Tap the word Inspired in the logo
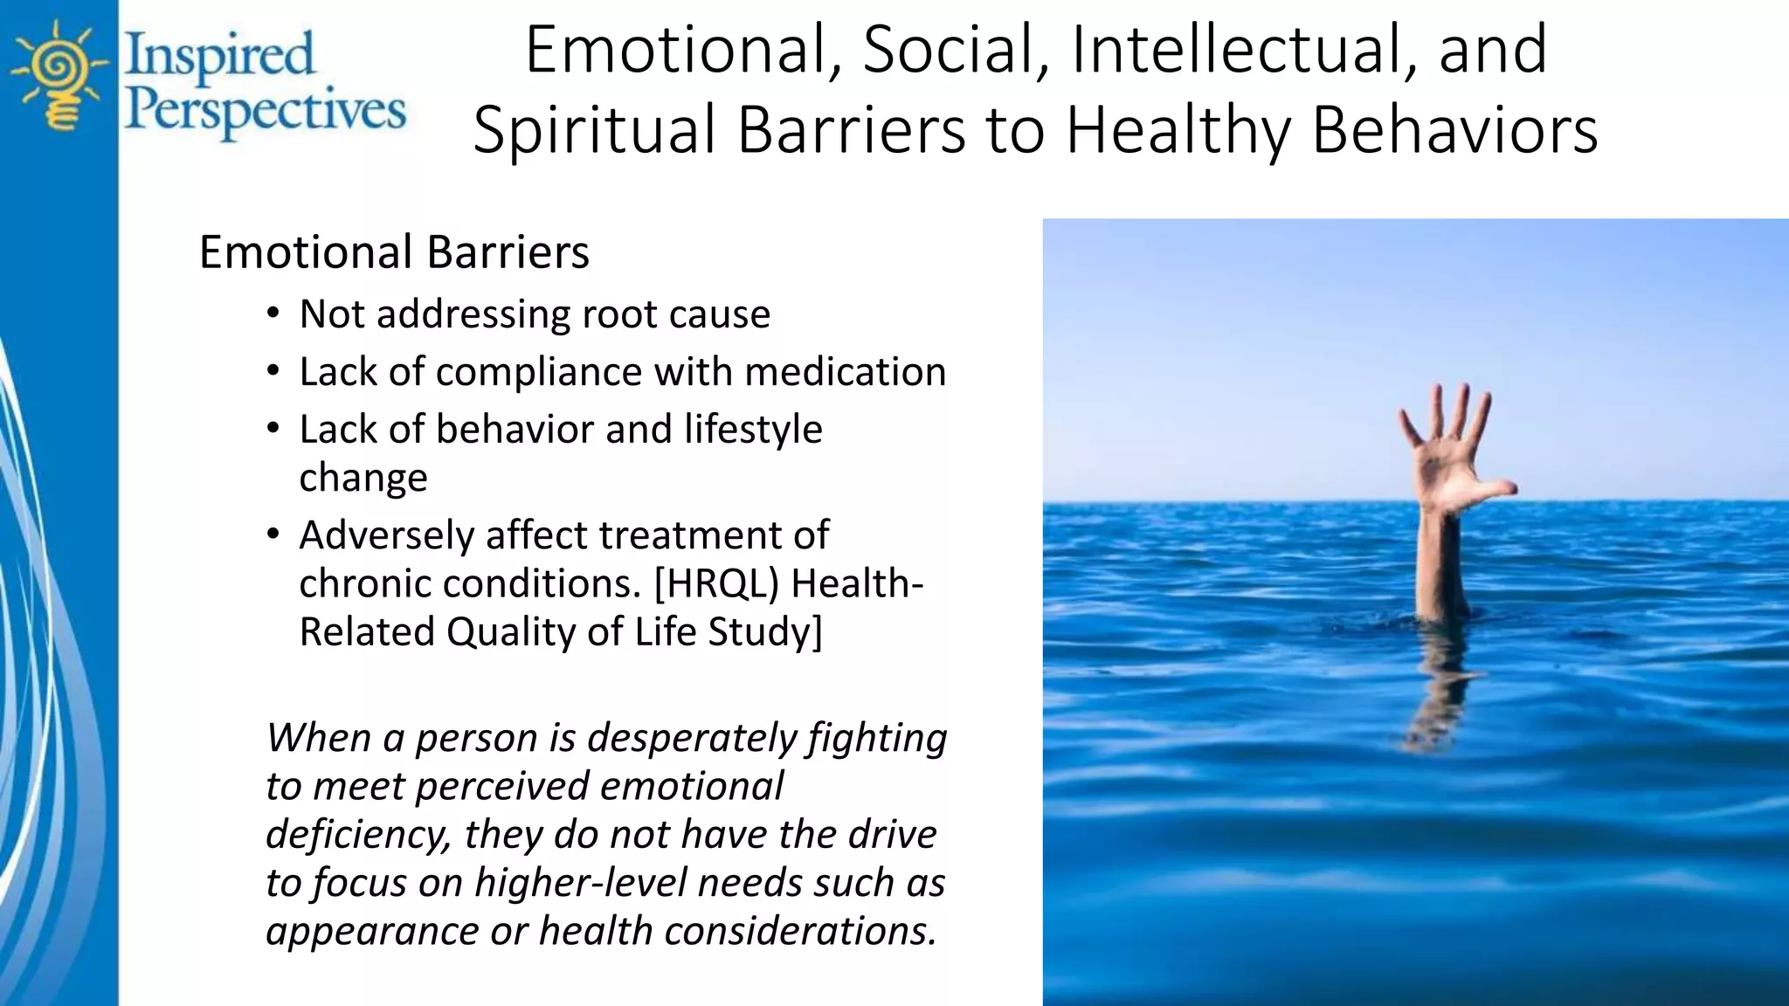click(x=219, y=54)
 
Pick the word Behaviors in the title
click(x=1454, y=129)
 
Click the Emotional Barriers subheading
click(x=394, y=252)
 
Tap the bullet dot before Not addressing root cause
click(x=273, y=314)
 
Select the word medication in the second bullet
click(x=845, y=372)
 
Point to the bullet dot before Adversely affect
click(x=273, y=534)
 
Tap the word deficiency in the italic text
click(x=358, y=835)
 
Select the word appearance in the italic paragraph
click(x=372, y=931)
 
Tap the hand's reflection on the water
click(x=1441, y=690)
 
